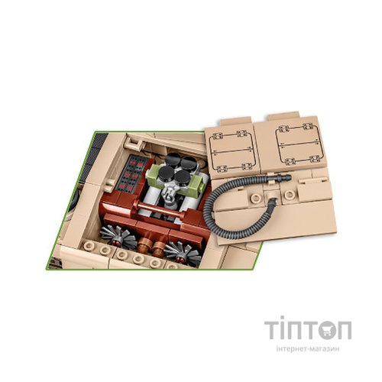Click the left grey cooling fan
pyautogui.click(x=118, y=235)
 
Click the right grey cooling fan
pyautogui.click(x=182, y=252)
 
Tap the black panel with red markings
pyautogui.click(x=131, y=173)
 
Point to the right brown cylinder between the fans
pyautogui.click(x=159, y=248)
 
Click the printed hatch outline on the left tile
pyautogui.click(x=231, y=151)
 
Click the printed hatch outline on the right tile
pyautogui.click(x=299, y=143)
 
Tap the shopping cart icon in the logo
pyautogui.click(x=327, y=330)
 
